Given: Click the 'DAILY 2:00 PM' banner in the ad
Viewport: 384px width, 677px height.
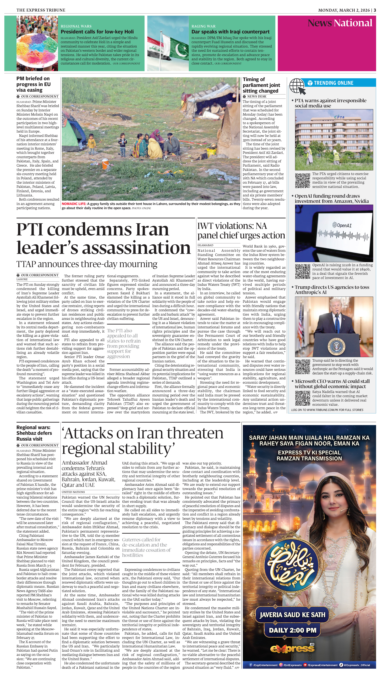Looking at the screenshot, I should [292, 630].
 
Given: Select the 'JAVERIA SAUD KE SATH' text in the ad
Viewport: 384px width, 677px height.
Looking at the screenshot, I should [292, 615].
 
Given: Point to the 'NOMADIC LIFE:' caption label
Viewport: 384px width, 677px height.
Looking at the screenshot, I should [74, 204].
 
